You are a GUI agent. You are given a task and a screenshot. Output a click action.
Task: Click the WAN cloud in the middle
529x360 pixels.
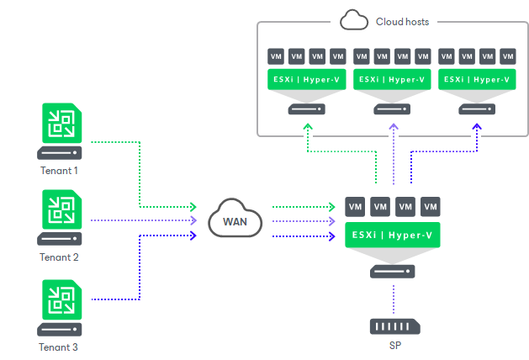pos(235,221)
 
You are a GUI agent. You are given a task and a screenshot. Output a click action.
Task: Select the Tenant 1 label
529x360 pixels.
pos(59,170)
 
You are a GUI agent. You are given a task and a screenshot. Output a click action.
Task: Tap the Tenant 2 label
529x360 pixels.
pos(59,257)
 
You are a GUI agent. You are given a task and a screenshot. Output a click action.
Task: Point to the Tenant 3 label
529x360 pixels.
pos(59,346)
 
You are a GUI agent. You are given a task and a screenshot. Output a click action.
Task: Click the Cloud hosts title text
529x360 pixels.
pos(401,21)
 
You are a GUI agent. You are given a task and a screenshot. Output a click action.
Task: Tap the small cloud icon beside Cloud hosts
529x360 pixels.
pos(352,19)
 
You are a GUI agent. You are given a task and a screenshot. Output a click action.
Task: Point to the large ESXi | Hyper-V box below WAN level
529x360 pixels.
pos(394,234)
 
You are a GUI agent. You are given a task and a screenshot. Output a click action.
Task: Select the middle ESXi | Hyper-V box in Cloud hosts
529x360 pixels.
pos(393,80)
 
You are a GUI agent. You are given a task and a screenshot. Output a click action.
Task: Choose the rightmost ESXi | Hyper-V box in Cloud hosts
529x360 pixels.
pos(477,80)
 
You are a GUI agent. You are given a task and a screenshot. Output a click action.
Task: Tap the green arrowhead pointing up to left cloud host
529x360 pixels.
pos(308,127)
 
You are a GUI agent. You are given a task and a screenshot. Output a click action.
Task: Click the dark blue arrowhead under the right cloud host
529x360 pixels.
pos(477,127)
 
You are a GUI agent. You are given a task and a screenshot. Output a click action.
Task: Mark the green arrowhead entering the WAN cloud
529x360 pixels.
pos(193,206)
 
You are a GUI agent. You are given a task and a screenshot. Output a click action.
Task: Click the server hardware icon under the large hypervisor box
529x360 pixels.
pos(394,271)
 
